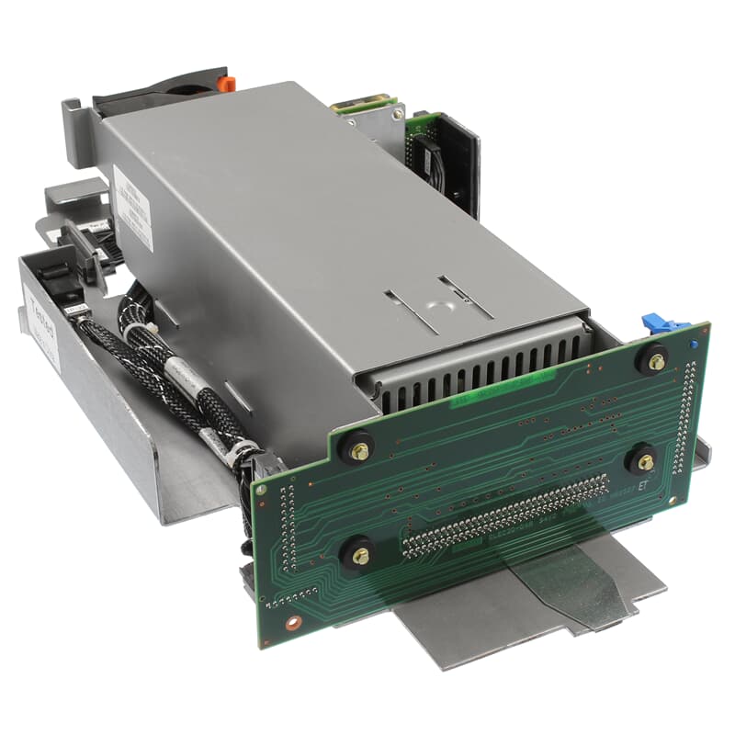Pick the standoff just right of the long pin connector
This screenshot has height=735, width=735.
[646, 458]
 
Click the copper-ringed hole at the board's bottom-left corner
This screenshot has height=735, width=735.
[293, 621]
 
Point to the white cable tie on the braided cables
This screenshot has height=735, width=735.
[147, 335]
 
